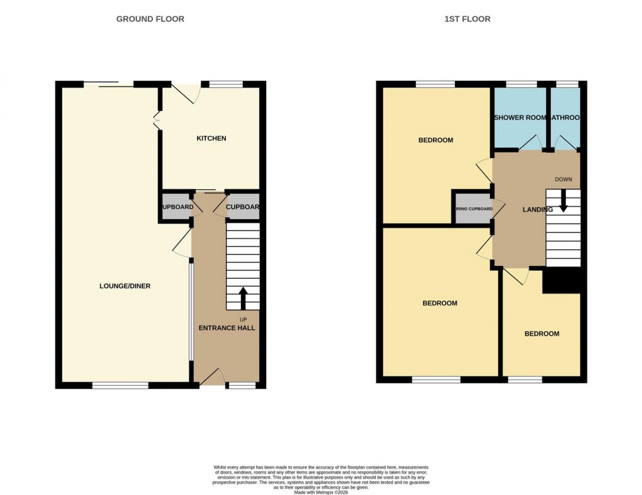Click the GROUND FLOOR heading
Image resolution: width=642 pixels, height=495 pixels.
[150, 19]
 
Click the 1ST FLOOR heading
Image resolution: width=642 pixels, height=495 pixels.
[467, 19]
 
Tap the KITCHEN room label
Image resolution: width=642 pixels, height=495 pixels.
[211, 138]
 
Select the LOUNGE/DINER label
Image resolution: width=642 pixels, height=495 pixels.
[125, 286]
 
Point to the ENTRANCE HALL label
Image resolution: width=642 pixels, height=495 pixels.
[227, 328]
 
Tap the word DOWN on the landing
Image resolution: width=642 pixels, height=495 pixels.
[563, 179]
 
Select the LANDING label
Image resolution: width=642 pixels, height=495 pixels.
[538, 210]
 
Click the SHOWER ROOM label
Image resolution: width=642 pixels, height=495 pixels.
[520, 118]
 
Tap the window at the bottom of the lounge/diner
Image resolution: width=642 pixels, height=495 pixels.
[120, 385]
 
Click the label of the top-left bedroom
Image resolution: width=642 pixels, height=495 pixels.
[436, 140]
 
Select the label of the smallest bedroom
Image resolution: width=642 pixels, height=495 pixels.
[541, 334]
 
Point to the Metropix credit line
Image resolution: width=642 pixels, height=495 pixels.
[321, 492]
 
